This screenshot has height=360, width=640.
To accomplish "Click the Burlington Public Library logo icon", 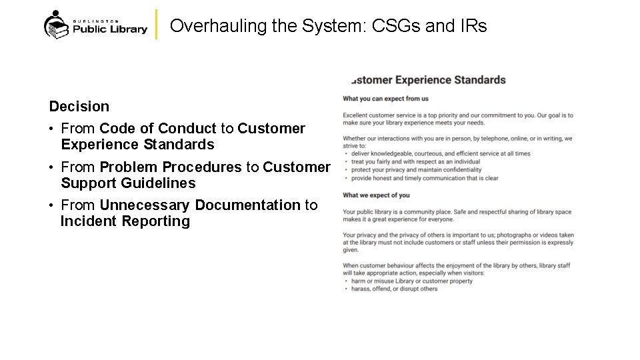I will pos(56,25).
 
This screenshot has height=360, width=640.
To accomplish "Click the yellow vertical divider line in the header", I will pos(156,25).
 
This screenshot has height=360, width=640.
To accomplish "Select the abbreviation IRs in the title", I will pos(474,26).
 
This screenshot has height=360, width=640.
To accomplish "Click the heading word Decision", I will pos(79,106).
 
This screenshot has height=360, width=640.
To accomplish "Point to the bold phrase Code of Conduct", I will pos(158,128).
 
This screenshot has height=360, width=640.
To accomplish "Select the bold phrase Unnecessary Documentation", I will pos(200,205).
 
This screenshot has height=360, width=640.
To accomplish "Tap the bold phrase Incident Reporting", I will pos(125,221).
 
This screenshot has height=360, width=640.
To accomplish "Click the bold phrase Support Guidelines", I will pos(128,183).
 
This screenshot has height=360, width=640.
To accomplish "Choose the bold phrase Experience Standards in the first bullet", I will pos(137,144).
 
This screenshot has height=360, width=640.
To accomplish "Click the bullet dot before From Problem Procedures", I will pos(52,167).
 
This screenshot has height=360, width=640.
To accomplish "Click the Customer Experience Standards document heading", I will pos(428,80).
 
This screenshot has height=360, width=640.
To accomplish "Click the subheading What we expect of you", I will pos(376,195).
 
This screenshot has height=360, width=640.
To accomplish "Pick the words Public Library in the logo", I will pos(109,29).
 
